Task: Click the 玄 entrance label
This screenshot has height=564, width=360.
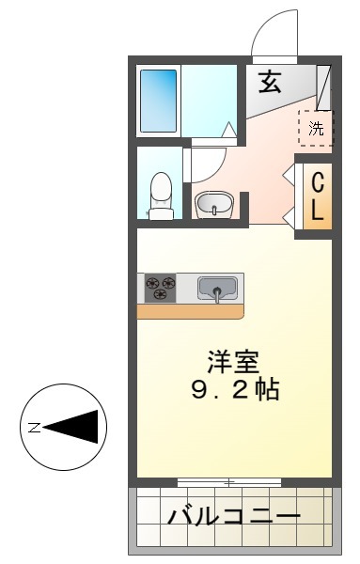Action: click(x=271, y=82)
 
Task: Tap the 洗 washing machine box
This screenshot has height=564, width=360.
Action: click(x=316, y=128)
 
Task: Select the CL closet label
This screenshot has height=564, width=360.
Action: click(x=319, y=196)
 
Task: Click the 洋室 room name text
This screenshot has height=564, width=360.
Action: click(x=234, y=361)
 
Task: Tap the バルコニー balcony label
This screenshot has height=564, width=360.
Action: click(x=234, y=516)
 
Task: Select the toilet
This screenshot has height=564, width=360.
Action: click(x=162, y=196)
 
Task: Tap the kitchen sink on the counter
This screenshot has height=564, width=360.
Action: click(x=218, y=288)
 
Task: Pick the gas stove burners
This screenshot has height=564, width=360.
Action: click(x=160, y=287)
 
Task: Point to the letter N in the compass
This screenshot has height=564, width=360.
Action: click(x=34, y=428)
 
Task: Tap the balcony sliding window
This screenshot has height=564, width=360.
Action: click(x=229, y=481)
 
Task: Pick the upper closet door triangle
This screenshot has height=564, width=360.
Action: click(x=289, y=173)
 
